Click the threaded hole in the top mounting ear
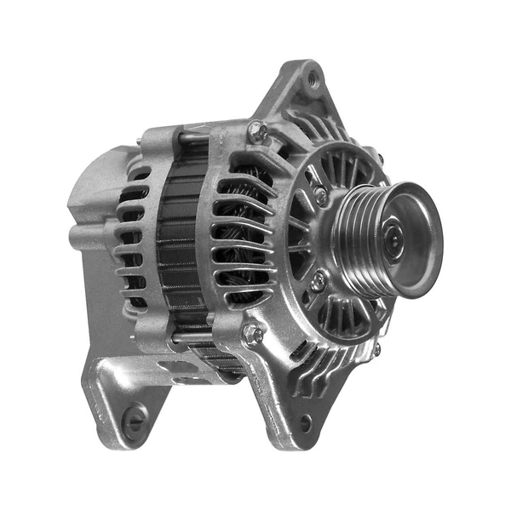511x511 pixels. click(x=313, y=80)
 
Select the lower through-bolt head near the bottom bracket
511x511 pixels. click(x=252, y=334)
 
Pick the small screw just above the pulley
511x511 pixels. click(x=320, y=195)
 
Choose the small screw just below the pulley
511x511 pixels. click(x=318, y=279)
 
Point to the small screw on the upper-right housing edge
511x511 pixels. click(x=380, y=158)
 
